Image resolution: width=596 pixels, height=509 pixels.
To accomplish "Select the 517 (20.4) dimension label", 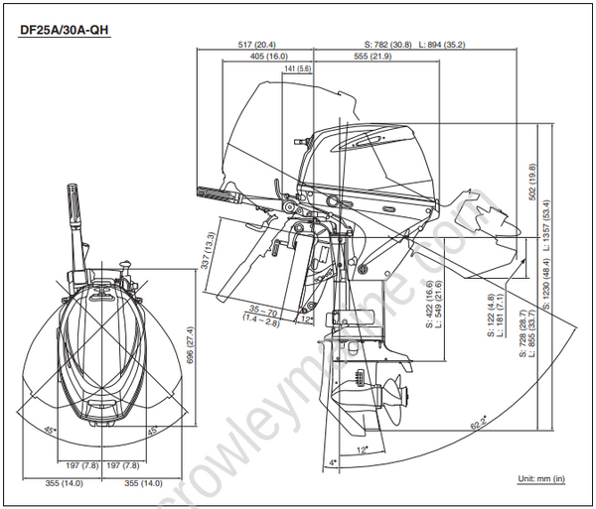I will pos(257,45).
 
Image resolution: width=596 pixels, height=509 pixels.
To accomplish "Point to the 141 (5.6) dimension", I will pos(298,68).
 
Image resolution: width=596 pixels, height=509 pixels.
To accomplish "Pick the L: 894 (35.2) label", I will pos(442,45).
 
